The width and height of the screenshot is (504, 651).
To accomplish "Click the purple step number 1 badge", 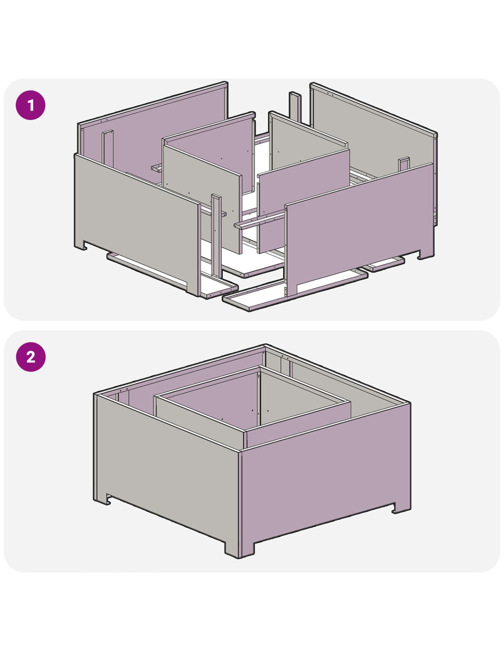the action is tap(31, 105).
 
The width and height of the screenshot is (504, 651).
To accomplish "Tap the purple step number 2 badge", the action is tap(31, 357).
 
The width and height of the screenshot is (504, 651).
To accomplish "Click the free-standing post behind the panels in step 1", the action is tap(295, 107).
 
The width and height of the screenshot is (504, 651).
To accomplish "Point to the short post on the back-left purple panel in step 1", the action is tap(107, 149).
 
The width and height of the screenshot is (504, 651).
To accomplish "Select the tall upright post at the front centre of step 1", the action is tap(216, 236).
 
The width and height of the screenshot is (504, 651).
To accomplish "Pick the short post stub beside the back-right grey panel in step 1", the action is tap(404, 164).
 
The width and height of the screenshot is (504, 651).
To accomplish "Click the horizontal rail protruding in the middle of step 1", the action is tap(260, 220).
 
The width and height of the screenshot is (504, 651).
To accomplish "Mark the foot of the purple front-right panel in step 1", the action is tap(426, 254).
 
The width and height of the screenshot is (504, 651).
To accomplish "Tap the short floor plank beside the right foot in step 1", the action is tap(384, 264).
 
